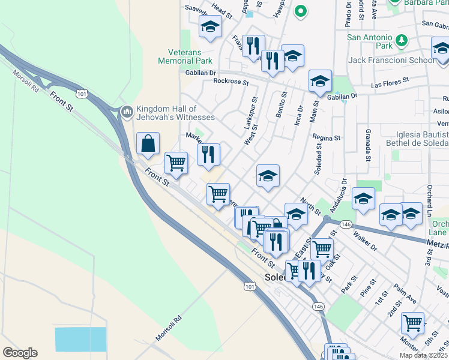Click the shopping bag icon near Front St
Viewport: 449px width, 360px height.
pyautogui.click(x=148, y=144)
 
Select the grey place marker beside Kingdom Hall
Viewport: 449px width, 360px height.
pyautogui.click(x=127, y=112)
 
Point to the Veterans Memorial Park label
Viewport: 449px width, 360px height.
pyautogui.click(x=185, y=56)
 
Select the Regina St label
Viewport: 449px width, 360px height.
pyautogui.click(x=327, y=137)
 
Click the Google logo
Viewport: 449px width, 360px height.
pyautogui.click(x=20, y=353)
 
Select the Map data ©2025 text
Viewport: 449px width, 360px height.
pyautogui.click(x=423, y=355)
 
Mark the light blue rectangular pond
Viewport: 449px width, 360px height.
pyautogui.click(x=80, y=339)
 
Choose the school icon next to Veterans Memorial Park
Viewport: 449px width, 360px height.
pyautogui.click(x=210, y=27)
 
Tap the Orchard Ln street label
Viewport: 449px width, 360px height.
pyautogui.click(x=430, y=204)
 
